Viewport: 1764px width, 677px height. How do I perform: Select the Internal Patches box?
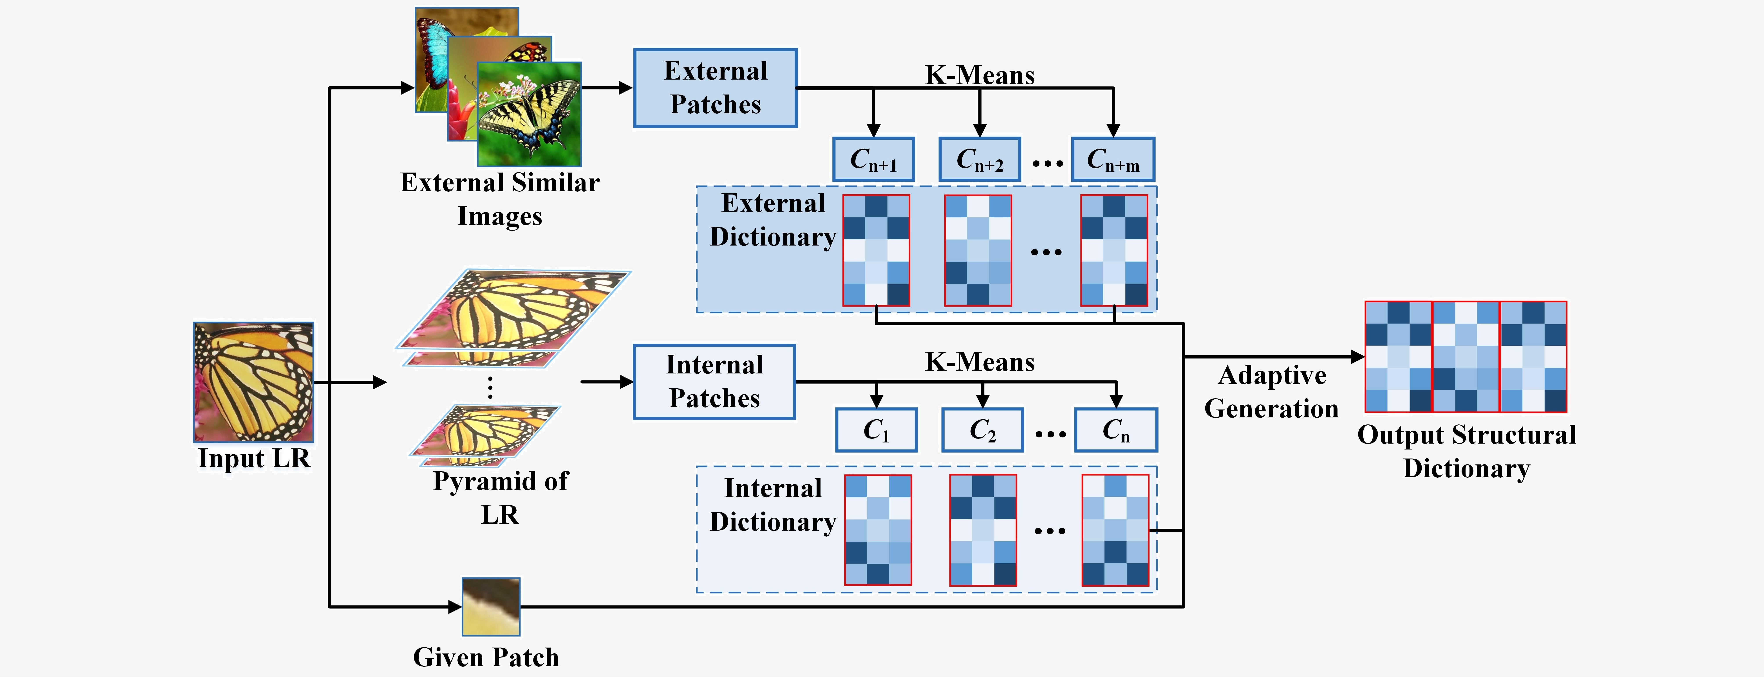pos(714,382)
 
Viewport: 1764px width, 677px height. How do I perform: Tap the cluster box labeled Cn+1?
pos(873,159)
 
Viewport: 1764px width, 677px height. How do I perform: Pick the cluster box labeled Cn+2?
pos(979,159)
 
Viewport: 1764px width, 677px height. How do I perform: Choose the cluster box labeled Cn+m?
pos(1113,159)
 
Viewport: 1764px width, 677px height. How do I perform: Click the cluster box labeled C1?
pos(876,430)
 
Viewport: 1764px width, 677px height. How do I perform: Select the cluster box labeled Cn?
pos(1115,430)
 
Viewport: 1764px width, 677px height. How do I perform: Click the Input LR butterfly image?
pos(253,382)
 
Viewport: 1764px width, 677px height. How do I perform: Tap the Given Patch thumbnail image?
pos(491,606)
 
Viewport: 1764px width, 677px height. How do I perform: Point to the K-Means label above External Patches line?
pos(980,75)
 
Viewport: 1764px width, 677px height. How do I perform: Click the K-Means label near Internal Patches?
pos(980,362)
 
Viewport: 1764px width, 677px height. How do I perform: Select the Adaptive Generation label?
pos(1272,392)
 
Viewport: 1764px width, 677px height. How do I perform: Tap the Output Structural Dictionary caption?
pos(1466,451)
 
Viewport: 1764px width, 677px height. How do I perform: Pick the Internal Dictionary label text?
pos(773,505)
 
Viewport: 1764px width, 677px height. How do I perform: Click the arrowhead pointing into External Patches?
pos(625,88)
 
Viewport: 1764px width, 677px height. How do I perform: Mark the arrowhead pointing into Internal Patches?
pos(626,382)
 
